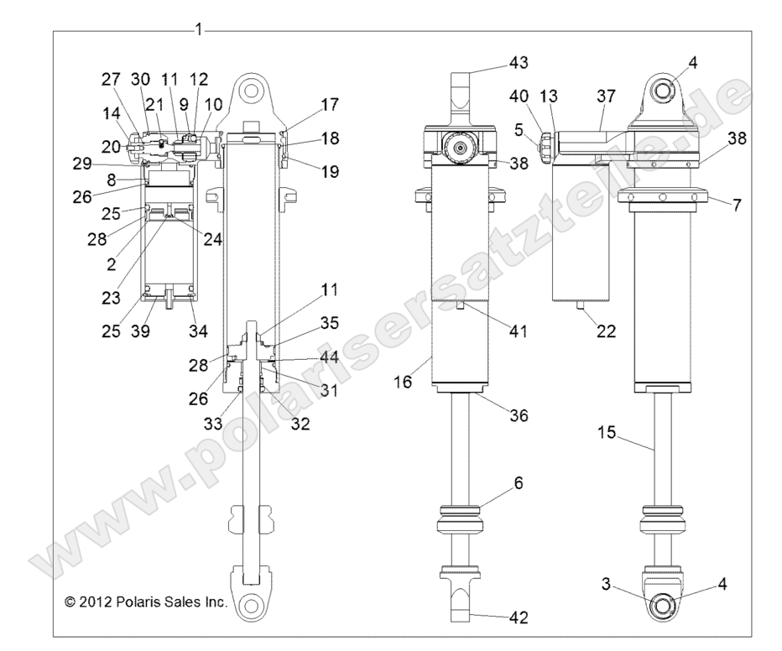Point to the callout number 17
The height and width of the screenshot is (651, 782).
[329, 105]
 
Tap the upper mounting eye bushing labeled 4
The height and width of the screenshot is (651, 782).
[670, 89]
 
